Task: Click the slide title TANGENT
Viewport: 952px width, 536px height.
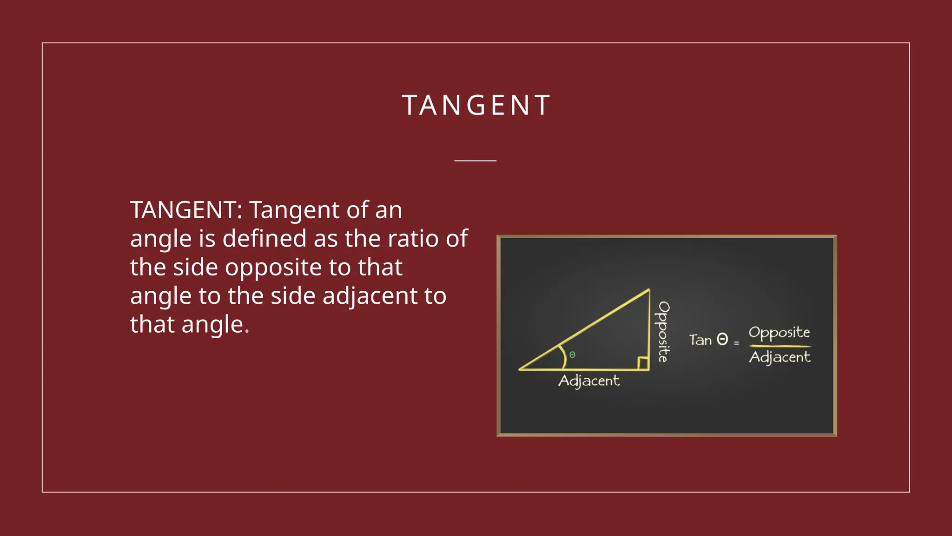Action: pyautogui.click(x=476, y=105)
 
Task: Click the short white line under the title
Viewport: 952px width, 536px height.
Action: pyautogui.click(x=475, y=161)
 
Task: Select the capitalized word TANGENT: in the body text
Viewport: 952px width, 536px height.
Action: pyautogui.click(x=186, y=210)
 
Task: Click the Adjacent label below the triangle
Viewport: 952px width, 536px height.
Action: pyautogui.click(x=588, y=381)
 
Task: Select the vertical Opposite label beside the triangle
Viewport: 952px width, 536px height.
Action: pyautogui.click(x=663, y=331)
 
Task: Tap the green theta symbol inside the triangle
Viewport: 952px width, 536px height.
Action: pyautogui.click(x=572, y=355)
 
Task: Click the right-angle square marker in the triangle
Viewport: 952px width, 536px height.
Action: pyautogui.click(x=643, y=363)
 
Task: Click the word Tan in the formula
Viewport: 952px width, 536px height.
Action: pyautogui.click(x=700, y=340)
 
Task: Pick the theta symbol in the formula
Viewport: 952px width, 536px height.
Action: pyautogui.click(x=722, y=339)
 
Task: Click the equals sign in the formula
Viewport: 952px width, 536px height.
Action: pyautogui.click(x=736, y=343)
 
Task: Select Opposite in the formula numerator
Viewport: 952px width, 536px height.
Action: pyautogui.click(x=779, y=333)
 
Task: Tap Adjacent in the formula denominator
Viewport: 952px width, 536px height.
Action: pyautogui.click(x=780, y=357)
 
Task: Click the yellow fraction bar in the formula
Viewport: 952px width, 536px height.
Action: pyautogui.click(x=780, y=346)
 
